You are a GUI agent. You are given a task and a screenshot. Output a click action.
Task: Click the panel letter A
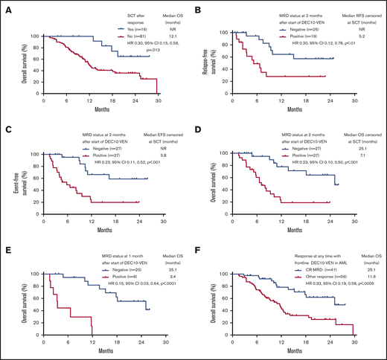6,7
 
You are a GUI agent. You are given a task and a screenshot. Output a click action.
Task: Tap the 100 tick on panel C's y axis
33,155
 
